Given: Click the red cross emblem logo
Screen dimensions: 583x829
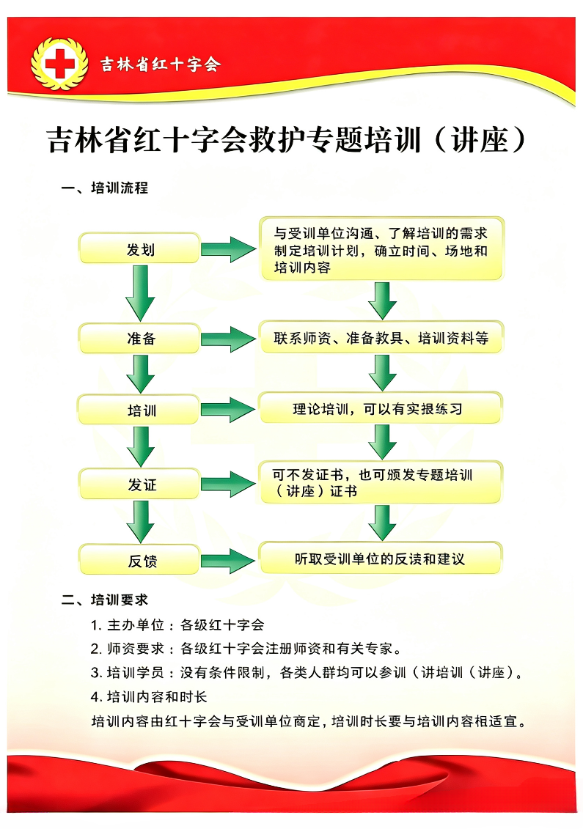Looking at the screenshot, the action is [59, 65].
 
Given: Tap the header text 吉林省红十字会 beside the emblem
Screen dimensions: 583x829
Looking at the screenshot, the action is [161, 65].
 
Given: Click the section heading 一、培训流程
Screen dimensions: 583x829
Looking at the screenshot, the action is [104, 188].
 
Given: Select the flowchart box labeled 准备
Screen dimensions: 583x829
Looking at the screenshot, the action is [139, 339].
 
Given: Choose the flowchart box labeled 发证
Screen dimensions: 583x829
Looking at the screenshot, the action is [139, 484].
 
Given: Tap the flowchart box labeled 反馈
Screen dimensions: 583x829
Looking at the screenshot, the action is [139, 560].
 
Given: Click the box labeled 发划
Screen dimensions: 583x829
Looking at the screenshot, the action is [139, 248].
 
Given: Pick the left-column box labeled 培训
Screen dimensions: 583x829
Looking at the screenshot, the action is [139, 410].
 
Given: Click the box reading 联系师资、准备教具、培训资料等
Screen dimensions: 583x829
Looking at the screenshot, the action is [381, 337].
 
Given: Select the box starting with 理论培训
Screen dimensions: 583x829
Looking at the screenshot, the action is [381, 408].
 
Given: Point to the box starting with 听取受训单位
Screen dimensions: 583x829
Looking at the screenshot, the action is [381, 559].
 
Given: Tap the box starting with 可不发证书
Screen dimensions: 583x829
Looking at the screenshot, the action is [381, 482].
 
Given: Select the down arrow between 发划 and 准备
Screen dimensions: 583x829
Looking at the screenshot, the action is [140, 293].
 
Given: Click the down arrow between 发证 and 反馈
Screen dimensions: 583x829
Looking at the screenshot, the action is [140, 522].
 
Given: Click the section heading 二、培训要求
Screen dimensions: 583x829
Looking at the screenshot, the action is [104, 600].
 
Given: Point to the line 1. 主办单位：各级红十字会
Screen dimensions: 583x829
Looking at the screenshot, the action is [177, 625].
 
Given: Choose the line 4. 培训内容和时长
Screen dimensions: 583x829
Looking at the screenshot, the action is [149, 697].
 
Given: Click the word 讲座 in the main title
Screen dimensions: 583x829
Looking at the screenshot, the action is [480, 140].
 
